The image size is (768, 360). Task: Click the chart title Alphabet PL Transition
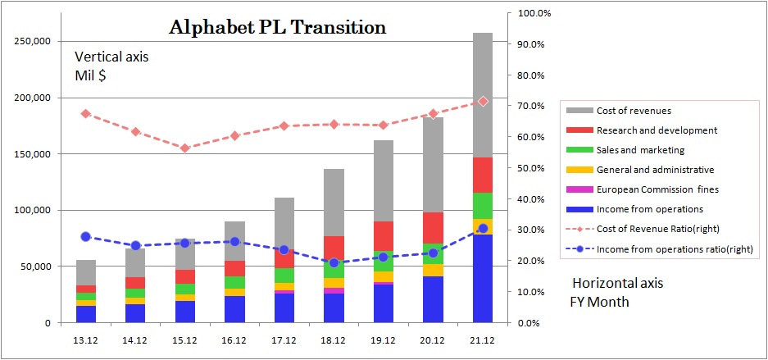[277, 27]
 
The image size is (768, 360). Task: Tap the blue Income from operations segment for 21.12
[482, 278]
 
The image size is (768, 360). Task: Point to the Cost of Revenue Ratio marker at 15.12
[184, 148]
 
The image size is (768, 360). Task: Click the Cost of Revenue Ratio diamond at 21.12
[483, 102]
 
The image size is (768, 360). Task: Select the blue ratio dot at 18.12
[334, 263]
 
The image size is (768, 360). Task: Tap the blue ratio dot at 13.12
[85, 236]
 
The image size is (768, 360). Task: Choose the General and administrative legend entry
[655, 170]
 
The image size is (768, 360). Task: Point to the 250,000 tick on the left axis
[33, 41]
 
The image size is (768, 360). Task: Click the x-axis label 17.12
[284, 339]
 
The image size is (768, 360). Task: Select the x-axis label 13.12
[85, 339]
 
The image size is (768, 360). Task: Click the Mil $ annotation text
[91, 75]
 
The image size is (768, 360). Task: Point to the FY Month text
[600, 301]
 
